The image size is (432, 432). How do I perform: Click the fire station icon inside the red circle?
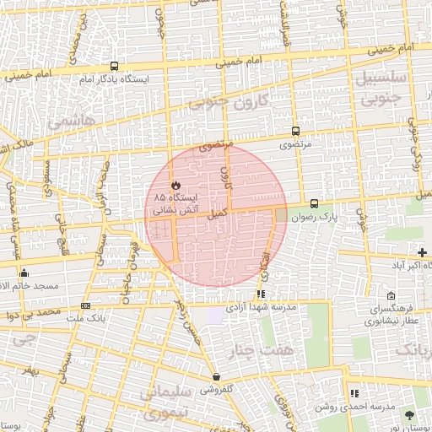point(175,184)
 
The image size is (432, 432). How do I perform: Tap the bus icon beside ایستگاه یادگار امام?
point(115,66)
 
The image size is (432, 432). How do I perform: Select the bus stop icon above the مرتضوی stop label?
point(295,131)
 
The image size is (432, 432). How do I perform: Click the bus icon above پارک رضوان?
point(314,203)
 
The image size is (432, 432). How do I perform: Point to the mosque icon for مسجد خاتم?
point(24,273)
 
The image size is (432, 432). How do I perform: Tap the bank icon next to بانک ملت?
point(85,305)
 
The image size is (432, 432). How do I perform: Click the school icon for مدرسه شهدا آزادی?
point(261,294)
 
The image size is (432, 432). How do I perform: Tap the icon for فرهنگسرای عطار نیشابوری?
point(391,296)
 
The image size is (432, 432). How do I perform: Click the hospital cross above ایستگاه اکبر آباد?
point(422,253)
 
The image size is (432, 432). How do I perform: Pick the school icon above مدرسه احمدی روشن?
point(354,392)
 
